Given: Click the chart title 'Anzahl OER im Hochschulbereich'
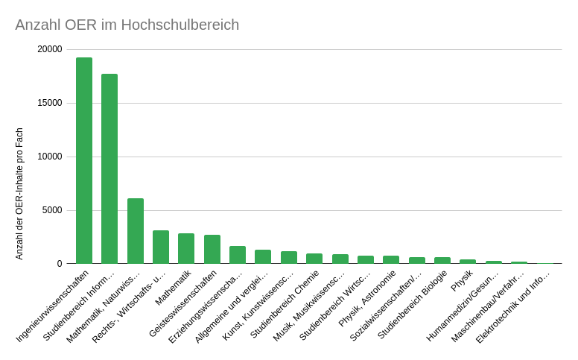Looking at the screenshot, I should tap(127, 25).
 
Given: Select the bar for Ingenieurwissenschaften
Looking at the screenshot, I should tap(84, 160).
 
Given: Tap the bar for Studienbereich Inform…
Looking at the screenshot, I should tap(109, 168).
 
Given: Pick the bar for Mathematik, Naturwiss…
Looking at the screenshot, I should tap(135, 231).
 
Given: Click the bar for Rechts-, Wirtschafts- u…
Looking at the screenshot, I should tap(161, 247).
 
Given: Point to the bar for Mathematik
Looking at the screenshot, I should tap(186, 248).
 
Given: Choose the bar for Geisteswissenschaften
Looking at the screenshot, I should tap(212, 249).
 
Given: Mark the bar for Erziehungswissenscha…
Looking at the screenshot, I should tap(238, 255).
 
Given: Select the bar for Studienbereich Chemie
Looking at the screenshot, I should tap(314, 259).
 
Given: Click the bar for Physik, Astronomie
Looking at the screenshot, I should tap(391, 259).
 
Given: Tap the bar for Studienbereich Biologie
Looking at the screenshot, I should tap(442, 260).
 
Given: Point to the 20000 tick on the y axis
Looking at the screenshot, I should tap(51, 49).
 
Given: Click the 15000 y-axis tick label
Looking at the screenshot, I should tap(51, 103).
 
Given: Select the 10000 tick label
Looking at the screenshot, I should tap(51, 157).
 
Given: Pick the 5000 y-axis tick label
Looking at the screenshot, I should tap(53, 210).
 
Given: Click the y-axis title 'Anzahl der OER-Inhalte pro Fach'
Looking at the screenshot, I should tap(19, 194).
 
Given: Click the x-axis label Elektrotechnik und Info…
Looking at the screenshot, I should tap(513, 306).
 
